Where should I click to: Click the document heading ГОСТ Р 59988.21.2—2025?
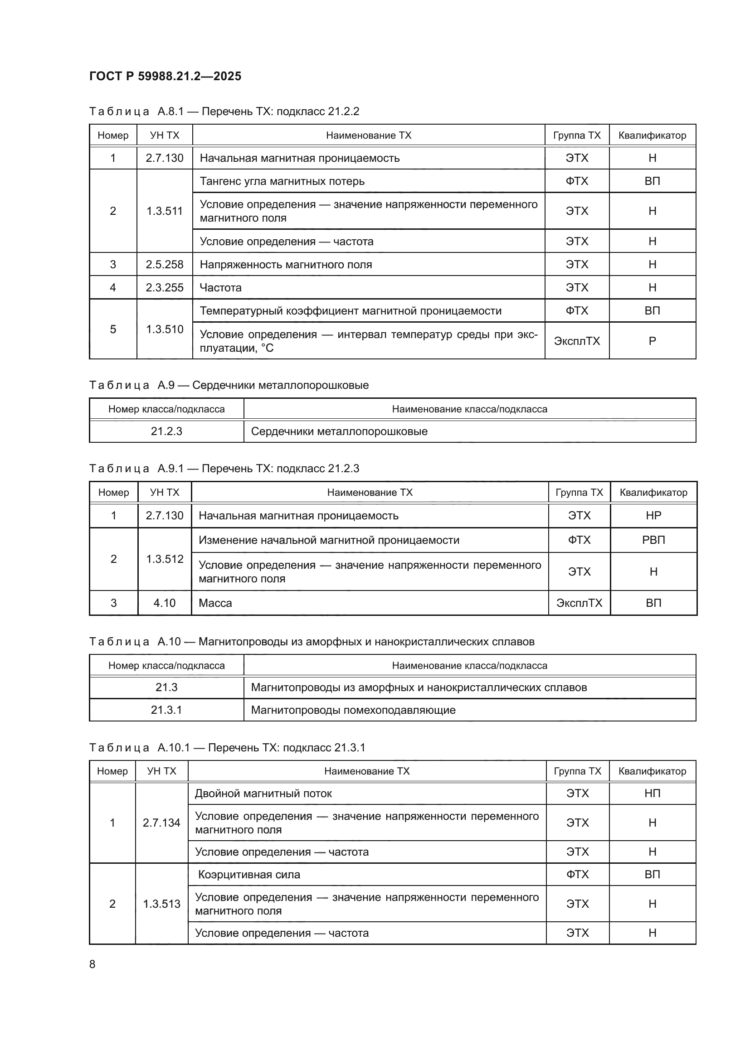(x=165, y=76)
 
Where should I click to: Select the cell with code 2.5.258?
(x=165, y=265)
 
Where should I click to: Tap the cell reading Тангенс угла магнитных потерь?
(x=282, y=181)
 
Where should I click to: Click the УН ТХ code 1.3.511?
(x=165, y=211)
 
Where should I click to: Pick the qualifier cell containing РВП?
(x=653, y=540)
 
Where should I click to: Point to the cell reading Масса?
(x=215, y=603)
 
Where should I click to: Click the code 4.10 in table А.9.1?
(x=165, y=603)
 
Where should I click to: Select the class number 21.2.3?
(x=166, y=431)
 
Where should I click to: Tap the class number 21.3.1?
(x=166, y=710)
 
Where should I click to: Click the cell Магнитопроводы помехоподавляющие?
(x=353, y=710)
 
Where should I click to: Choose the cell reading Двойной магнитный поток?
(x=263, y=794)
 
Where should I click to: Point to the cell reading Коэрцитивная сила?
(x=249, y=874)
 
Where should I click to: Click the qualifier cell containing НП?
(x=652, y=794)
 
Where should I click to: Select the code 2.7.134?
(x=161, y=823)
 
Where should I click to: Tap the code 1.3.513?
(x=161, y=904)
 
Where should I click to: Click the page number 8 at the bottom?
(x=93, y=964)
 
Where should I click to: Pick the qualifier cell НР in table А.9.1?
(x=653, y=516)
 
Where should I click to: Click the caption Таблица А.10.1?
(x=227, y=747)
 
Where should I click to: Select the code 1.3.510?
(x=165, y=329)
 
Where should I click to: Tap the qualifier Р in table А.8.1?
(x=652, y=341)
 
